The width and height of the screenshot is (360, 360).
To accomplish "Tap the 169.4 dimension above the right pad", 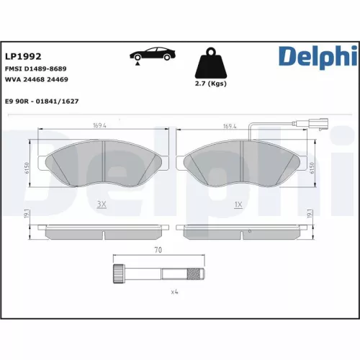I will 231,126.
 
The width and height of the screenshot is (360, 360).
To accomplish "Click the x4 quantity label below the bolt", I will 173,293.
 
